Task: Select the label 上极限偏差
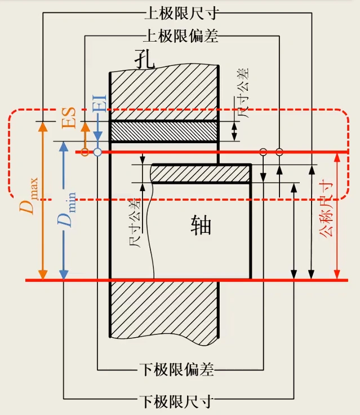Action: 180,36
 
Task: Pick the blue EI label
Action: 99,101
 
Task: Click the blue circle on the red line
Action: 97,152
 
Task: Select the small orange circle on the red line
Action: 84,152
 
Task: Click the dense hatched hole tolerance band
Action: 163,131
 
